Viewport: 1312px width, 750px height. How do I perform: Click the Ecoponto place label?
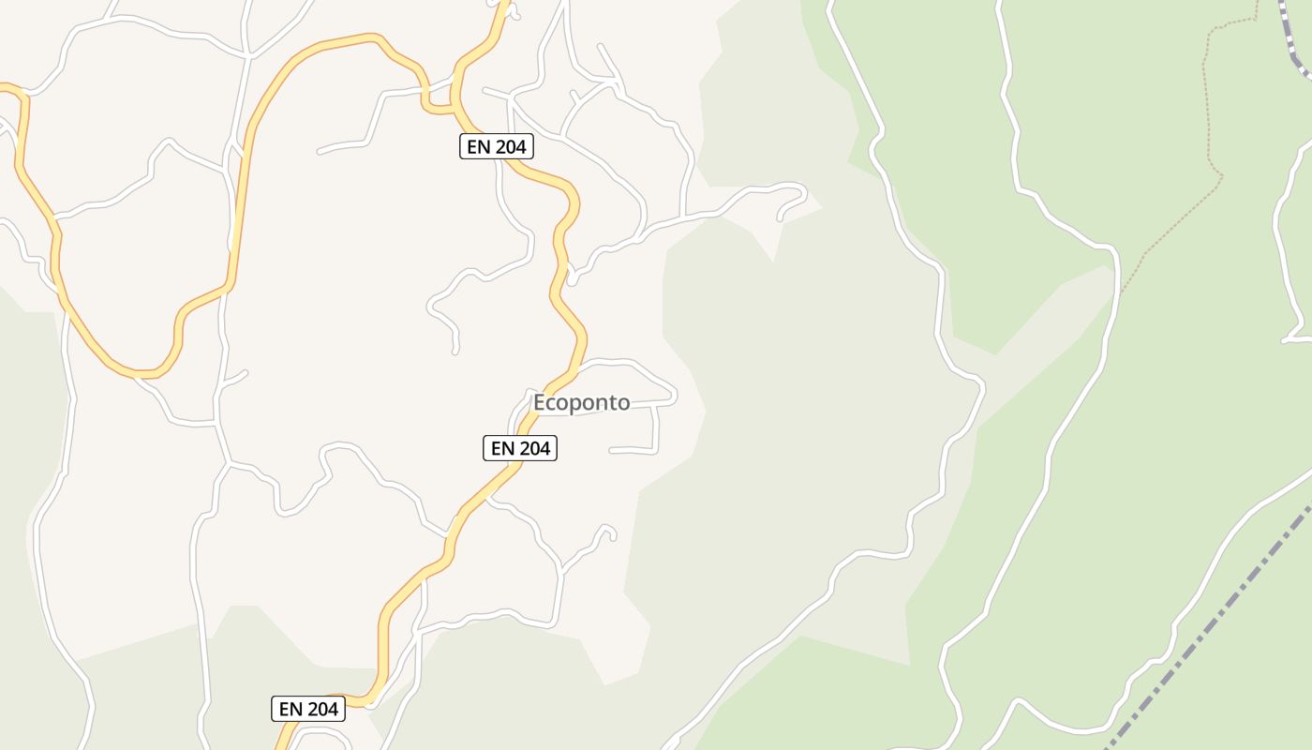[x=581, y=402]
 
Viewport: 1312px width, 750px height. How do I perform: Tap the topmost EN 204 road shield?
[x=496, y=146]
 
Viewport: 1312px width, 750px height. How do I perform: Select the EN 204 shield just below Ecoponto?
[x=520, y=448]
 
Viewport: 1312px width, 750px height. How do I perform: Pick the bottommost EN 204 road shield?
[x=308, y=709]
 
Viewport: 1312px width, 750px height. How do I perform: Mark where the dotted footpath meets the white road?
[x=1120, y=292]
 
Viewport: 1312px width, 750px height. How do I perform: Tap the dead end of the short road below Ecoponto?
[x=611, y=451]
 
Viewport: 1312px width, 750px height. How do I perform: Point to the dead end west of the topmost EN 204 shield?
[x=320, y=150]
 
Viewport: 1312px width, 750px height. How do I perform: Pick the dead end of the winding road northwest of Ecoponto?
[x=455, y=352]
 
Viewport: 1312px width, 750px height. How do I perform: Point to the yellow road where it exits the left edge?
[x=3, y=87]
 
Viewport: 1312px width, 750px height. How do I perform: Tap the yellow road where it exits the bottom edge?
[x=281, y=747]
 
